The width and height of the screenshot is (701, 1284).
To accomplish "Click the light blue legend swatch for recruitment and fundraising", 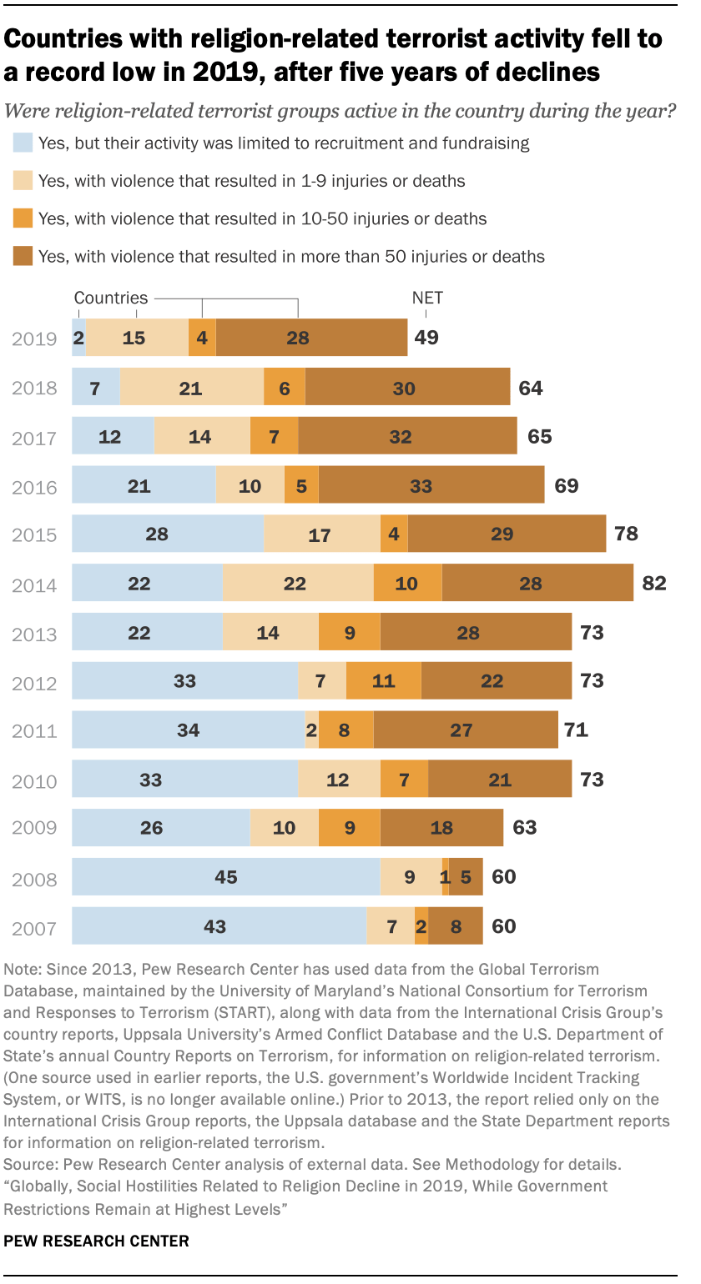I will tap(23, 143).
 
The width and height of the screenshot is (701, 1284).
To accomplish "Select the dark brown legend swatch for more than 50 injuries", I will tap(23, 257).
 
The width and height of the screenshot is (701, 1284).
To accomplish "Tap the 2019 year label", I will tap(34, 339).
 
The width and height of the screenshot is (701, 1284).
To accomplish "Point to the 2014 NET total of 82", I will tap(653, 584).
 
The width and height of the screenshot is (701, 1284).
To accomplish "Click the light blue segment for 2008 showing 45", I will tap(225, 877).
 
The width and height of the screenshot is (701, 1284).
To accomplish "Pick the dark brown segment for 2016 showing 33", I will tap(431, 486).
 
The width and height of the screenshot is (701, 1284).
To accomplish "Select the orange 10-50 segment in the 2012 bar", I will tap(383, 681).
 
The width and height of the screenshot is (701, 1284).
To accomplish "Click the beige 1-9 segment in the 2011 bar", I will tap(311, 731).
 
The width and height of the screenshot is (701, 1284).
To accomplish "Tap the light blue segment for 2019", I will tap(78, 339).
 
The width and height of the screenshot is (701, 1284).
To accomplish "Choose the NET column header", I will tap(427, 298).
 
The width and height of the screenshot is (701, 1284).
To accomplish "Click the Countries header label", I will tap(111, 298).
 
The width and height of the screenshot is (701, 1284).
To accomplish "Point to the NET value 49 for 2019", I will tap(426, 339).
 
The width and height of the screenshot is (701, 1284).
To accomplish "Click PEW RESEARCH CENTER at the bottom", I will tap(96, 1241).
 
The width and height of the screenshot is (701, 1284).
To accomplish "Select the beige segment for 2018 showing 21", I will tap(191, 389).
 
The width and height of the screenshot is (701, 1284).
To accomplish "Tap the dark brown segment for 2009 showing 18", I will tap(441, 828).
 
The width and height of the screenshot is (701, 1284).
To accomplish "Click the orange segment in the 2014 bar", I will tap(407, 584).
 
